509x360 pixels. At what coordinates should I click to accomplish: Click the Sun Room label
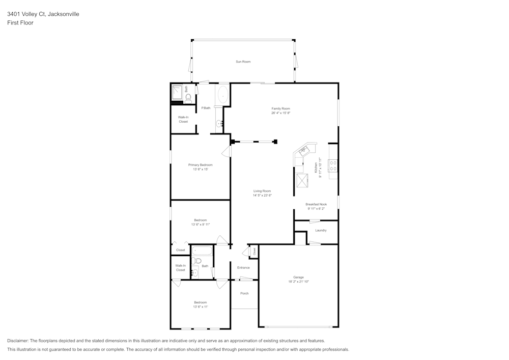243,62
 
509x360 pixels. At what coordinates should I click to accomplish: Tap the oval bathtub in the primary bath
222,95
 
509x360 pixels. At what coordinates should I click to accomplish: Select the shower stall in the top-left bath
177,92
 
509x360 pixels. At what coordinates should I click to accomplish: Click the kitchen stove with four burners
333,165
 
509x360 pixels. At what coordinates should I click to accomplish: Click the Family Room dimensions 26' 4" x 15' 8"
280,113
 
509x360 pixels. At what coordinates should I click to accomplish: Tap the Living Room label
262,191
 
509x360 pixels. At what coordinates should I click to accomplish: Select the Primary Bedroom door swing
227,151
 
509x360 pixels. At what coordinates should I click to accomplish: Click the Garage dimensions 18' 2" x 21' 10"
298,282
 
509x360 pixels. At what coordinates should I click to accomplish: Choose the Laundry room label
321,230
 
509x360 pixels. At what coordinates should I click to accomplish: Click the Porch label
244,293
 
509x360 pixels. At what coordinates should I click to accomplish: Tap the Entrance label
243,267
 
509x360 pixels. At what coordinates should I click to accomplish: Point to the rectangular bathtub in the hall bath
202,251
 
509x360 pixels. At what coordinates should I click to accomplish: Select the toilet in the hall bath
197,261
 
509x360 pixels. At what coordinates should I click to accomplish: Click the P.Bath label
206,108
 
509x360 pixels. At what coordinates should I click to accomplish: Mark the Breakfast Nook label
316,204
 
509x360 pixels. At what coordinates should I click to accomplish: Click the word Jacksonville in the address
63,14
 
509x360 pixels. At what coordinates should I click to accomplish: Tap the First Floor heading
20,23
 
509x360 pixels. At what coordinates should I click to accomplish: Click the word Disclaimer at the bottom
18,341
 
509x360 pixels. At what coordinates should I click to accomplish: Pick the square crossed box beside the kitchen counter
302,180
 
